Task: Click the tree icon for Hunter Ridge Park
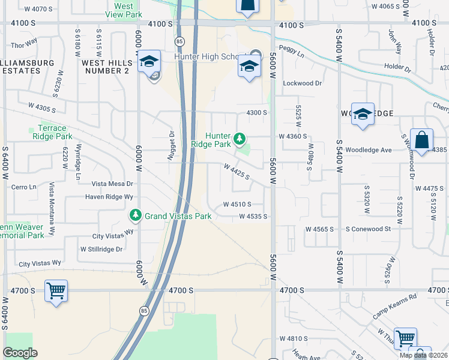coord(240,140)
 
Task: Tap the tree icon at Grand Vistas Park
coord(136,215)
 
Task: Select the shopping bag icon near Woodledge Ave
coord(422,141)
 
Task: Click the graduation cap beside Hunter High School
coord(249,67)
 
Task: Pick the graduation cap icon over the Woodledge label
coord(363,113)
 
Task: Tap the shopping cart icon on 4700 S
coord(56,291)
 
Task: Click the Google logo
coord(20,353)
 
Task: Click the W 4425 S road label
coord(236,171)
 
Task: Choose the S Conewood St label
coord(368,229)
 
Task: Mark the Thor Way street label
coord(24,44)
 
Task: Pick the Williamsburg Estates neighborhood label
coord(21,67)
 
